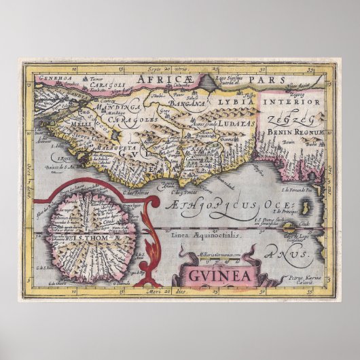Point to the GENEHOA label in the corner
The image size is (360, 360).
(40, 78)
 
